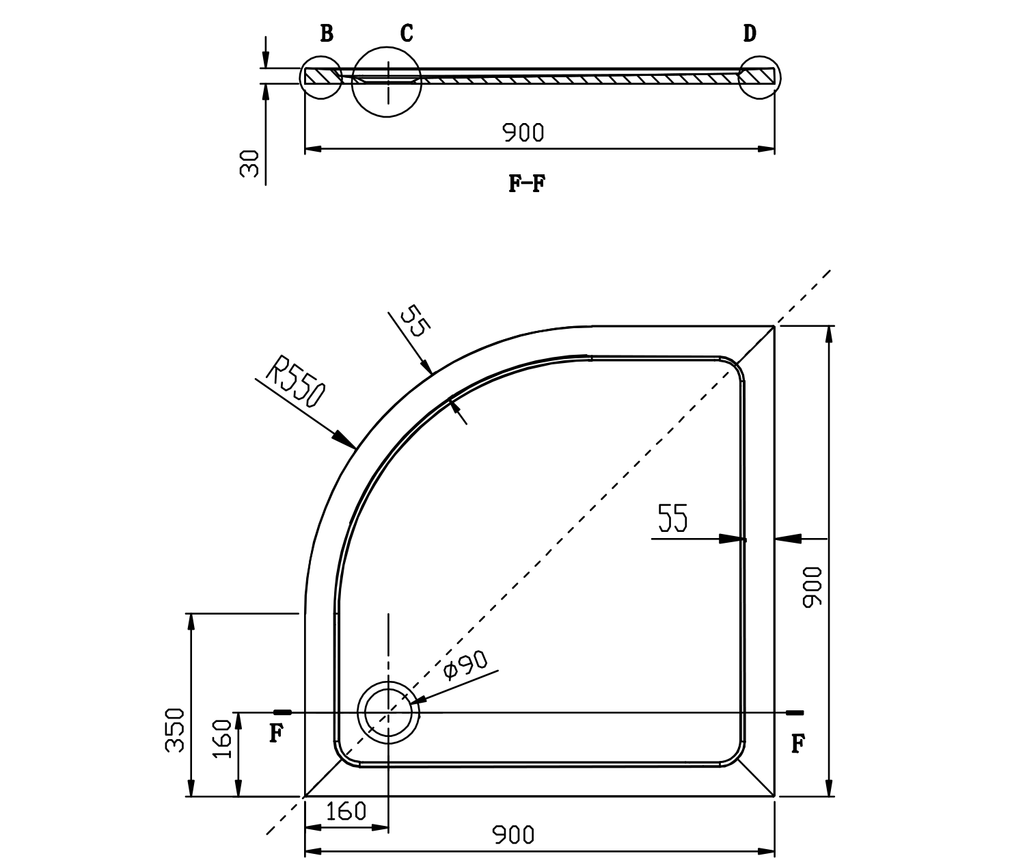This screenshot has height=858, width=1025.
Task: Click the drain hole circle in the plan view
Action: (387, 712)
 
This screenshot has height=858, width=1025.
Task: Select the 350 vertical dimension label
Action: (176, 730)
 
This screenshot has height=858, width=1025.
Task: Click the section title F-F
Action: (527, 183)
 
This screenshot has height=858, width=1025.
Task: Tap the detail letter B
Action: (327, 33)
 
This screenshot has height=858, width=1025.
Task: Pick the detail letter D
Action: (750, 33)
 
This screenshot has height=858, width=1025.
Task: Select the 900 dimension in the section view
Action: (524, 133)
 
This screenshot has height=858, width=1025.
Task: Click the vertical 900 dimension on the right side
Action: (812, 587)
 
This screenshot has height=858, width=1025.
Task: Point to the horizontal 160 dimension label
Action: (346, 812)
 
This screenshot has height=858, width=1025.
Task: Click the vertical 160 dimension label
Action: (223, 740)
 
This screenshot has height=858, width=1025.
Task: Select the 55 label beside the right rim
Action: (672, 519)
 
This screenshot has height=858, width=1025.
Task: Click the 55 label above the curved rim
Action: (413, 321)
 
